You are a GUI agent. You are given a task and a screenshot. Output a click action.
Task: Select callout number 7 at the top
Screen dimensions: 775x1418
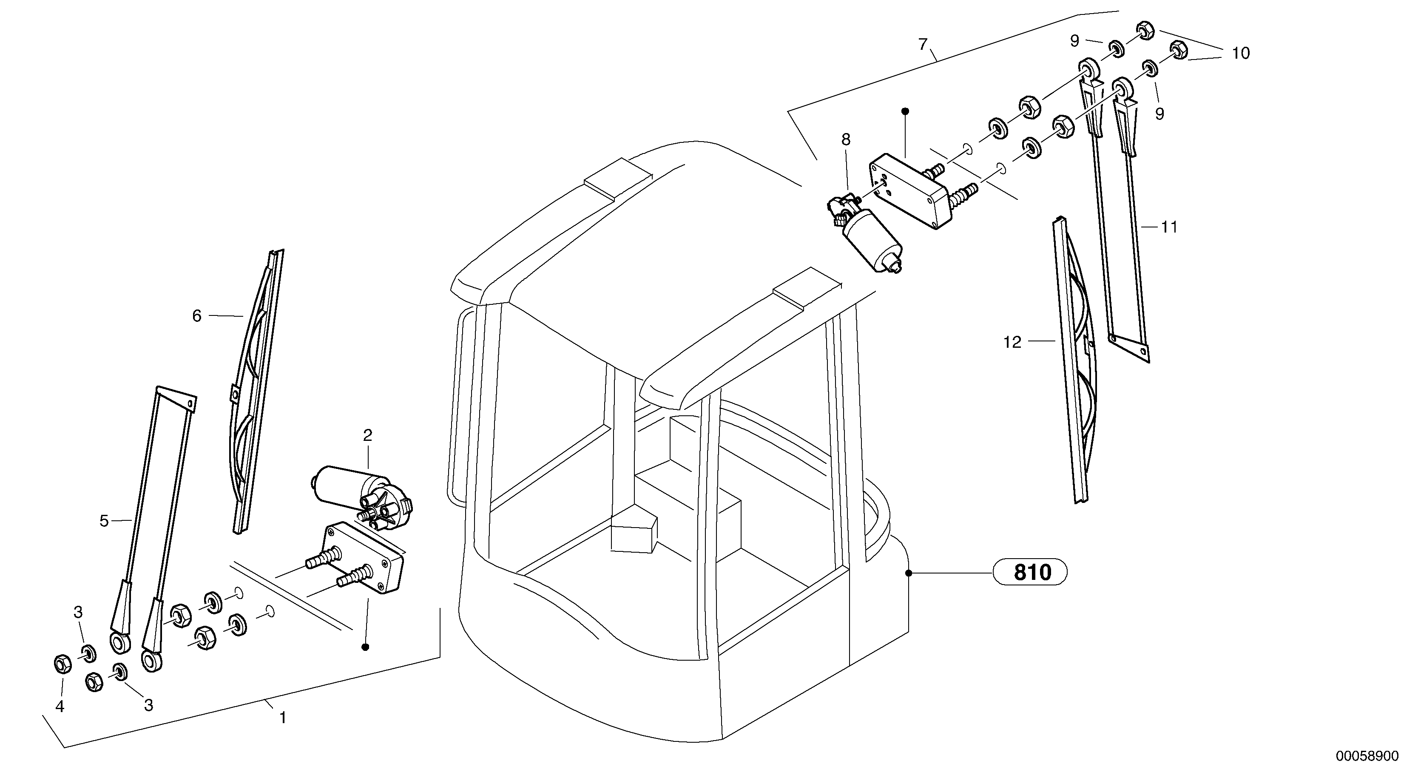[x=923, y=44]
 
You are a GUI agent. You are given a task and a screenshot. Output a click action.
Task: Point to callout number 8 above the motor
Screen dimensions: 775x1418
[x=846, y=139]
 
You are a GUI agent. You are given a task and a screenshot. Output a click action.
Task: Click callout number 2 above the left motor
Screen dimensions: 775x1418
[x=368, y=435]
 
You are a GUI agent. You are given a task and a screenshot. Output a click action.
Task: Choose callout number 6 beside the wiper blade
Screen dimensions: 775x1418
[x=197, y=316]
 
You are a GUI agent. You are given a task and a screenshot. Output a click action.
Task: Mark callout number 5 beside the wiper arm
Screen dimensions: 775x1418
[x=105, y=521]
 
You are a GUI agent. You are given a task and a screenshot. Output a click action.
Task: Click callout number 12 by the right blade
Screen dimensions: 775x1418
[x=1012, y=342]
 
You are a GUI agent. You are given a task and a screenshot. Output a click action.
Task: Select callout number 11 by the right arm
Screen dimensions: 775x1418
[x=1169, y=227]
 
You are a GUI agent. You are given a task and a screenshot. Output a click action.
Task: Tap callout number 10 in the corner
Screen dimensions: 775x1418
[x=1241, y=54]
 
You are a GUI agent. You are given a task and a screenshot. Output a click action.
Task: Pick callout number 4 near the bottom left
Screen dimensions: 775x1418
[x=60, y=706]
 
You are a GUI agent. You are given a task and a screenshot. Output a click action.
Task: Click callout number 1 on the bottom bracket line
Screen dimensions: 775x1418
[x=282, y=718]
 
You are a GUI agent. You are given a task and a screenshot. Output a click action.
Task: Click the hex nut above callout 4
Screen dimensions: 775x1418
[x=62, y=664]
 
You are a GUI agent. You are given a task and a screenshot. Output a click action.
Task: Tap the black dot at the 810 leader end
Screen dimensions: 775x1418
[x=909, y=573]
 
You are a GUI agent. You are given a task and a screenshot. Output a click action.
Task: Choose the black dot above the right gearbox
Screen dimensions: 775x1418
[x=905, y=111]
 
